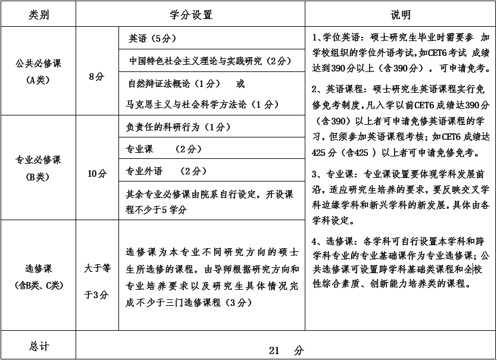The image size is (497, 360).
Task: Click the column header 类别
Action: (39, 15)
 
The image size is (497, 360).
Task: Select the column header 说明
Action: (401, 15)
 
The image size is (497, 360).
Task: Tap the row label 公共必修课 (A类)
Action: (39, 70)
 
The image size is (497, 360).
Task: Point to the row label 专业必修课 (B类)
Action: (39, 168)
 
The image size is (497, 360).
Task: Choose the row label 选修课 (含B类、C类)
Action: (39, 277)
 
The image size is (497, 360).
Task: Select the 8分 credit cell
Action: (97, 76)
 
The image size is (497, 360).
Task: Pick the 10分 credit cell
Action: (97, 174)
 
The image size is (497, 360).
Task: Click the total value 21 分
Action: (286, 350)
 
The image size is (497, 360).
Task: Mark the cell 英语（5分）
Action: (152, 39)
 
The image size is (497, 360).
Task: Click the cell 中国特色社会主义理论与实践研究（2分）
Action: (210, 61)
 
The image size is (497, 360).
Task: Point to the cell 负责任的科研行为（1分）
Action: (179, 127)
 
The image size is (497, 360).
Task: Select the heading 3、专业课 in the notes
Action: (333, 174)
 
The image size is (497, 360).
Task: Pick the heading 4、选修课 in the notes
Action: (333, 241)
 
